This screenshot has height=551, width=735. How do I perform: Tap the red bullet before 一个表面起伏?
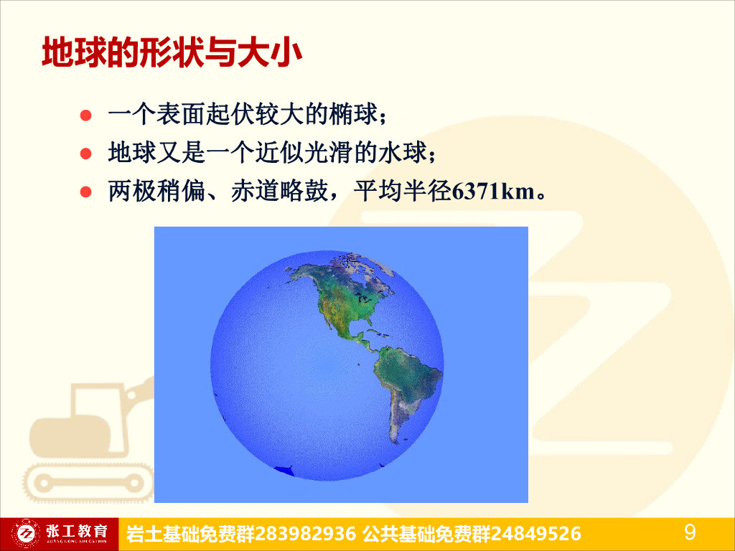click(x=85, y=114)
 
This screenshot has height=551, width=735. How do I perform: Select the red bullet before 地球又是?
click(x=85, y=153)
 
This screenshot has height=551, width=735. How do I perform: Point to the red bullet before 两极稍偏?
click(x=85, y=192)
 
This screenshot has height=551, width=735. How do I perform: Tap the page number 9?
click(x=690, y=532)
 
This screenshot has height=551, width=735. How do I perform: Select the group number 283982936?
click(x=306, y=534)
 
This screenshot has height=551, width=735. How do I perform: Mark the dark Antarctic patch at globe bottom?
click(x=286, y=470)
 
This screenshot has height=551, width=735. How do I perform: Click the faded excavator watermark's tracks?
click(x=90, y=481)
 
